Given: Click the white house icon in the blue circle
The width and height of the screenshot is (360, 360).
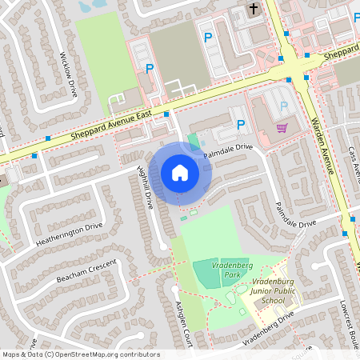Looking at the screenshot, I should click(x=179, y=172).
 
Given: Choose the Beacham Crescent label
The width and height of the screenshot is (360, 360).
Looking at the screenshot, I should click(x=86, y=270).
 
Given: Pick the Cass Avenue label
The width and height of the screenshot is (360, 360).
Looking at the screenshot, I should click(x=354, y=163).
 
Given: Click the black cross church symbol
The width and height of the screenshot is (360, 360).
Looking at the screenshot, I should click(x=254, y=10).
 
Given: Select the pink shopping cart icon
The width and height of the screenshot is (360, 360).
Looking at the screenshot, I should click(x=282, y=127).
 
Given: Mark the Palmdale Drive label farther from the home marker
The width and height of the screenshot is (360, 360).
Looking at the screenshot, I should click(x=296, y=214).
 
